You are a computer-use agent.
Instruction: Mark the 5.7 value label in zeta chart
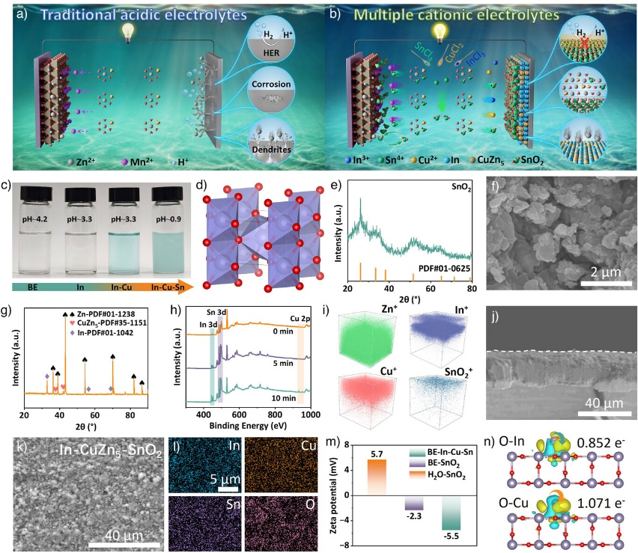(377, 453)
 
